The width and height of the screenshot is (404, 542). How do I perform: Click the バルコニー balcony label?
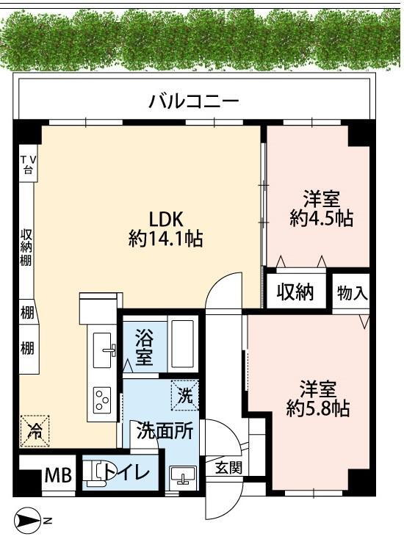point(194,101)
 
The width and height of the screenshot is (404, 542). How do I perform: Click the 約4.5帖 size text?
point(320,218)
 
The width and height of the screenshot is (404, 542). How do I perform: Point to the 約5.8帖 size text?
point(317,408)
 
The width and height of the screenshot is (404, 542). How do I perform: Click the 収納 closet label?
point(295,293)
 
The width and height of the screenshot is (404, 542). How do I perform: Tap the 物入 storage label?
point(352,293)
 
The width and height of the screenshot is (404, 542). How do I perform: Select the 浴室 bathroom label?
point(144,350)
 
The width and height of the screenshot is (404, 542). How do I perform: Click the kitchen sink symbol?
point(104,348)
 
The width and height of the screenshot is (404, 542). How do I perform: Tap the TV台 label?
point(27,164)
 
